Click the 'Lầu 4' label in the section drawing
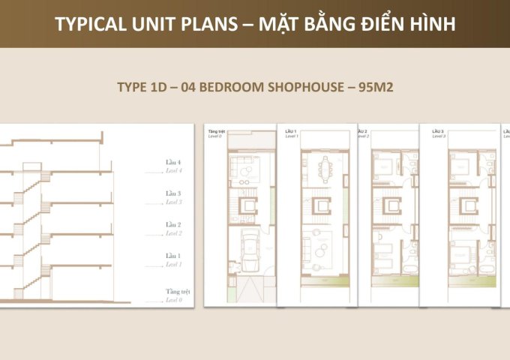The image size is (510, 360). coord(173,162)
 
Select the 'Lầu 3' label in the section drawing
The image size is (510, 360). coord(173,193)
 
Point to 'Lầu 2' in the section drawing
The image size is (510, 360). coord(173,225)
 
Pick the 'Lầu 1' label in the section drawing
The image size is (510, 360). coord(173,256)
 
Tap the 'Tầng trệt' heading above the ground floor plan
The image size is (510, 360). coord(217,129)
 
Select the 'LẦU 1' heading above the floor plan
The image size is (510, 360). coord(291,130)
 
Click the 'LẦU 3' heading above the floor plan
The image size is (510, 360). coord(439,130)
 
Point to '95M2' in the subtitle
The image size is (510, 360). coord(376,87)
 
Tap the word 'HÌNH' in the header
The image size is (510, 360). coord(427,25)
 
